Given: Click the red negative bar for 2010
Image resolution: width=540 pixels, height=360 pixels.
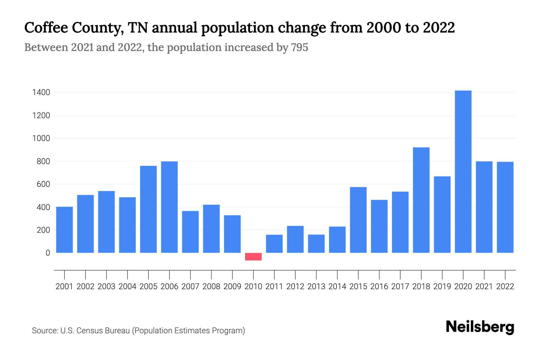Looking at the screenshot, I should tap(253, 256).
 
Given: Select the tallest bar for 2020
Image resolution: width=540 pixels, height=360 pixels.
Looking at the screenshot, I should tap(463, 172).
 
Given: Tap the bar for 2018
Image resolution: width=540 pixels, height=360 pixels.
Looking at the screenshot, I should tap(421, 200).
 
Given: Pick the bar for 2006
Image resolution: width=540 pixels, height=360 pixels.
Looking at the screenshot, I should tap(169, 207).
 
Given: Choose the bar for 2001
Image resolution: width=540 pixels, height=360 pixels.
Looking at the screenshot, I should tap(64, 230).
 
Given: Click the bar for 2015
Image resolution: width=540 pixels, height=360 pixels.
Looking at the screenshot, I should tap(358, 220).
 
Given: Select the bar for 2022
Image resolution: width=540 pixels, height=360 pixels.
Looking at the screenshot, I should tap(505, 207).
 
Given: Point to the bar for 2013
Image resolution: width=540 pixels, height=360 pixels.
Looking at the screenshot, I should tap(316, 244).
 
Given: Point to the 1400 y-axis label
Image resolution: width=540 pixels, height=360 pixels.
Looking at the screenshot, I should tap(41, 93).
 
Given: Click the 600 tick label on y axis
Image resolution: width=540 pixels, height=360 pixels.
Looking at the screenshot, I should tap(43, 184).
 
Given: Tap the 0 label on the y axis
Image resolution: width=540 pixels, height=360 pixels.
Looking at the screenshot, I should tap(48, 253).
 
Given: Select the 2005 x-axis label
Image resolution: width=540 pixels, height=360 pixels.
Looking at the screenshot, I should tap(148, 286).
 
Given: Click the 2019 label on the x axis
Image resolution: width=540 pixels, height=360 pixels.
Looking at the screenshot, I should tap(442, 286).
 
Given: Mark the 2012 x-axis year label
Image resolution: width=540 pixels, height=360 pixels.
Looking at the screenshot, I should tap(295, 286).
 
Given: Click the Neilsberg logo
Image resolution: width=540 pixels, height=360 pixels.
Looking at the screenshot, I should tap(480, 327).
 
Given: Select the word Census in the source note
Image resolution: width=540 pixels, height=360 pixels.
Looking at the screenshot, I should tap(89, 331).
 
